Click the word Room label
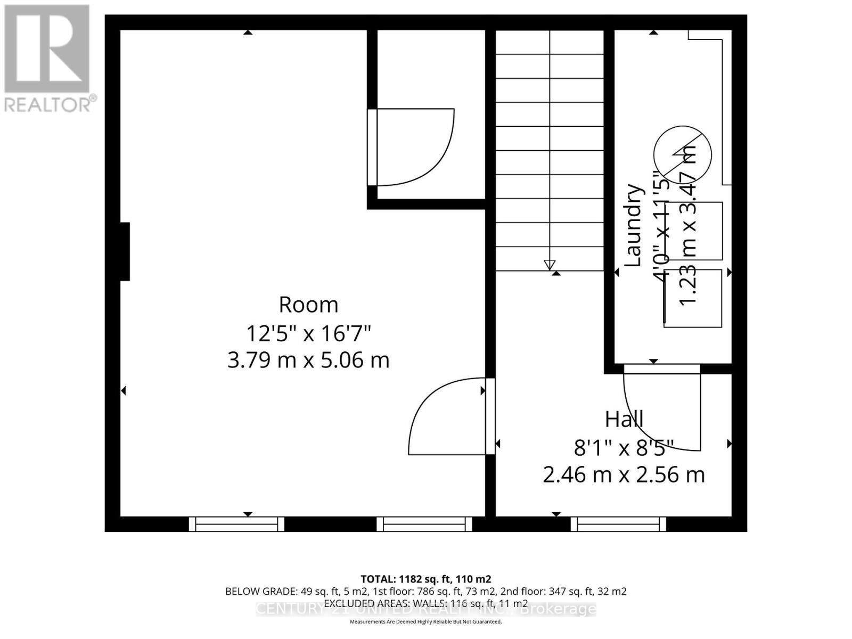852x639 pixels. point(308,305)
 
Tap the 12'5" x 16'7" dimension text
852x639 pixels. point(308,334)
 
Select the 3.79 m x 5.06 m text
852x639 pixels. point(308,361)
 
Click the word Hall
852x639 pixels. point(624,420)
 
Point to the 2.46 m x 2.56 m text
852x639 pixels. point(624,474)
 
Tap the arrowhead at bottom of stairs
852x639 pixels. point(550,265)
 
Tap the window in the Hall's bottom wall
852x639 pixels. point(618,525)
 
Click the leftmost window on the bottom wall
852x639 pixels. point(236,525)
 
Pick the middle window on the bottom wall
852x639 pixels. point(424,525)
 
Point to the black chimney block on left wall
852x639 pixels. point(125,251)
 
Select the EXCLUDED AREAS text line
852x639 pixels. point(425,603)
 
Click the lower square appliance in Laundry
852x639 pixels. point(693,298)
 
